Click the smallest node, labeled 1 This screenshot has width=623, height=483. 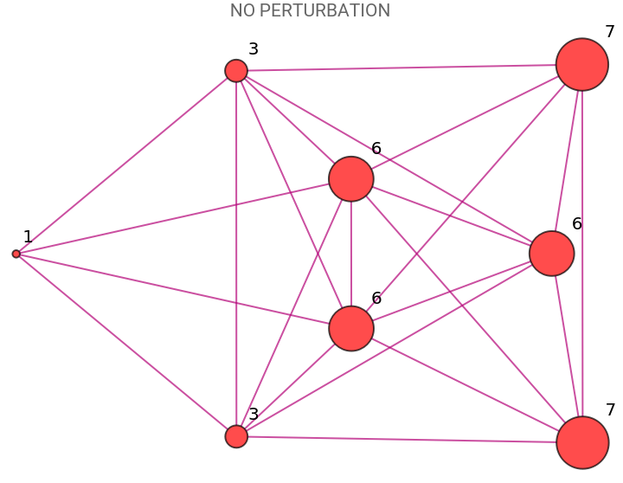[x=16, y=254]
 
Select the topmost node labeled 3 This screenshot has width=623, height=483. [x=236, y=71]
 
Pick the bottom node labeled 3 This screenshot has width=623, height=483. [x=236, y=436]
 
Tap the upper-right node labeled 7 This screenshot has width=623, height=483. [x=582, y=64]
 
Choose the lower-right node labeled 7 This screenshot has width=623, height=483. [x=582, y=442]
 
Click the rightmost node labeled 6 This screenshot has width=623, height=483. [x=552, y=254]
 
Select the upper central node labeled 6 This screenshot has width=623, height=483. [x=351, y=179]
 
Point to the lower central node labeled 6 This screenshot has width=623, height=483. [x=351, y=328]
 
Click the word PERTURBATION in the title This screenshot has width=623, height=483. [x=324, y=10]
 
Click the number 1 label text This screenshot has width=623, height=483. [x=28, y=236]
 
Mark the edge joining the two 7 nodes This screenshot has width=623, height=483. [x=582, y=254]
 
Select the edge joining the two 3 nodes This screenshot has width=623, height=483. [x=236, y=254]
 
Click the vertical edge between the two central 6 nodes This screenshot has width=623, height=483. [x=351, y=254]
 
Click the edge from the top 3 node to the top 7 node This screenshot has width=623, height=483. [x=402, y=68]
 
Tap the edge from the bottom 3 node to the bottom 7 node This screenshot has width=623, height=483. [x=402, y=440]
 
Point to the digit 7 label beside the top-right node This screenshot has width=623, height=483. [x=610, y=31]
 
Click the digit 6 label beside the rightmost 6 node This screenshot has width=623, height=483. [x=577, y=224]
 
